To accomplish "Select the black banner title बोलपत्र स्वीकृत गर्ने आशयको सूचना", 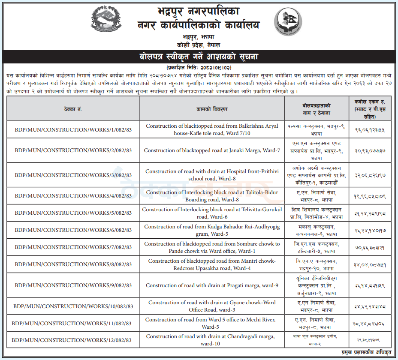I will [199, 56].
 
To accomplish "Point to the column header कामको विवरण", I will [212, 108].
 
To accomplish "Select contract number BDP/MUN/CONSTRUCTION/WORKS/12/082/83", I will [73, 340].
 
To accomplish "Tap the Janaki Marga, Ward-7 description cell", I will [212, 150].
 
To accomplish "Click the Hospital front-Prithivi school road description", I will [212, 175].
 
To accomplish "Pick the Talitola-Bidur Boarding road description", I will [212, 196].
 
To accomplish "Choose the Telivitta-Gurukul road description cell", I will [212, 213].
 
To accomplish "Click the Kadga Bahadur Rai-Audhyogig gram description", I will [212, 230].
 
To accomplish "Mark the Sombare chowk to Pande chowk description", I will [212, 247].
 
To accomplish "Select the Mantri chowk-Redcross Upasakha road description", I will [212, 264].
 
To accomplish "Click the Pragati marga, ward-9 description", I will [212, 285].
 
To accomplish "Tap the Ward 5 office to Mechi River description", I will [212, 323].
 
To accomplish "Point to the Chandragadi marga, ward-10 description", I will [212, 340].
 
